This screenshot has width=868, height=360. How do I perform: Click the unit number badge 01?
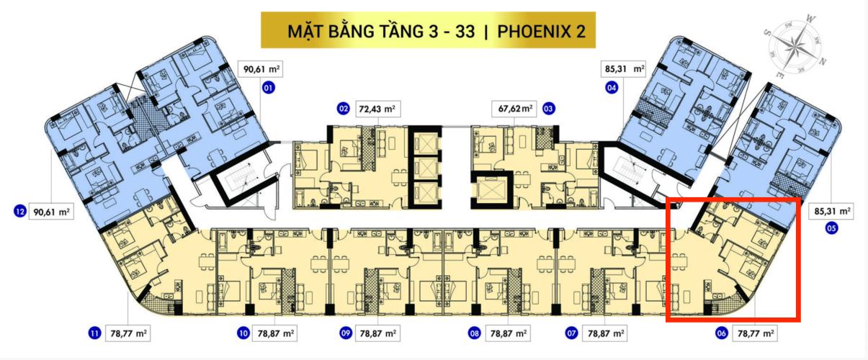coord(269,89)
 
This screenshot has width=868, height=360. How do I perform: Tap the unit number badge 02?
coord(342,109)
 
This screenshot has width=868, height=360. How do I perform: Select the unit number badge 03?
coord(549,109)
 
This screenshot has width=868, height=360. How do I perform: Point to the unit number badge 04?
coord(612,89)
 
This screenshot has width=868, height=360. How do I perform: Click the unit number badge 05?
coord(832,230)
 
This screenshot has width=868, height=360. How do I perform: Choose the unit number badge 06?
coord(720,333)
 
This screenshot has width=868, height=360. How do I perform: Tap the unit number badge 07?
coord(571,333)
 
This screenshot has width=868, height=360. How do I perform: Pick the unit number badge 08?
coord(474,333)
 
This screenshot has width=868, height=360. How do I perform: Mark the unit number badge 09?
coord(345,333)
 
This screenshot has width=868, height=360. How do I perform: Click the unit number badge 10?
coord(243,333)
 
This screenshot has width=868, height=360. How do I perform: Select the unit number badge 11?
coord(94,333)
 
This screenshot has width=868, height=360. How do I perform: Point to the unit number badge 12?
coord(20,212)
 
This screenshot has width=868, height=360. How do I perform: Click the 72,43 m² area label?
coord(378,109)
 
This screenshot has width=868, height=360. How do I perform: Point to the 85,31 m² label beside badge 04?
coord(623,69)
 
